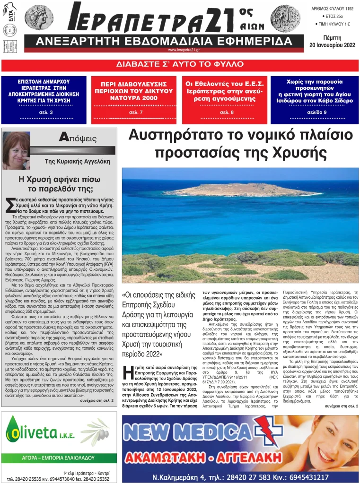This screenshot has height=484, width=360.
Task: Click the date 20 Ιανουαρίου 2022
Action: click(332, 45)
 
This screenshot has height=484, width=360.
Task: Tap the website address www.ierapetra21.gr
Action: click(184, 50)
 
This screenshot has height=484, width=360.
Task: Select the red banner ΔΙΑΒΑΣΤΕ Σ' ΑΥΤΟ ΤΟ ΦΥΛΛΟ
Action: click(180, 64)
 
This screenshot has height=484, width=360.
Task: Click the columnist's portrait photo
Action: click(17, 150)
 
